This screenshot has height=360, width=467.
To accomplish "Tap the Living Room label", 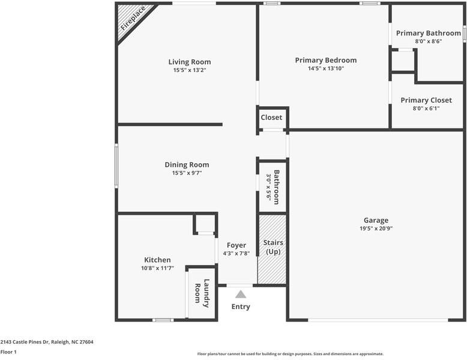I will click(189, 62).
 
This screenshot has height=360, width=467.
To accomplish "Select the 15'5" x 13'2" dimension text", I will click(189, 70).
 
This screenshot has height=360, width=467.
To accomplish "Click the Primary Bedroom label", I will click(325, 60).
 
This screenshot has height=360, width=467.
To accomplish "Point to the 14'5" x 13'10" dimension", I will click(325, 68).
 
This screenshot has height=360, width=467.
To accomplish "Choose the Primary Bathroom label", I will click(428, 33).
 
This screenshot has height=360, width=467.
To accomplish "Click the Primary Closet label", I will click(426, 100).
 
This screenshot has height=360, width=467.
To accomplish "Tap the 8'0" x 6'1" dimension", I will click(426, 109).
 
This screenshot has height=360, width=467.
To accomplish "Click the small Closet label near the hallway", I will click(271, 118).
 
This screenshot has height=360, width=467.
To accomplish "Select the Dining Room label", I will click(187, 164).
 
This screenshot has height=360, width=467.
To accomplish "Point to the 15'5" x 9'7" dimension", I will click(187, 173).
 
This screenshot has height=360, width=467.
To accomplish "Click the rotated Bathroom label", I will click(277, 187).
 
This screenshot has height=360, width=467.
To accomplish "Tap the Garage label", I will click(376, 220).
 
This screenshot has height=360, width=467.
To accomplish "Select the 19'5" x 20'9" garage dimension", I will click(376, 228).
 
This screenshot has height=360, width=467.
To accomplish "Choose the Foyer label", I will click(236, 245).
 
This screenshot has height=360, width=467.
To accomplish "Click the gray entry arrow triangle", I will click(241, 294).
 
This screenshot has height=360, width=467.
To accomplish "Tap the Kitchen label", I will click(157, 260).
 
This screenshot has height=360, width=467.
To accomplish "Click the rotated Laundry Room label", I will click(202, 293).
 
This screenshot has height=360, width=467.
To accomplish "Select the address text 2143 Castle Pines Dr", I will click(47, 342).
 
